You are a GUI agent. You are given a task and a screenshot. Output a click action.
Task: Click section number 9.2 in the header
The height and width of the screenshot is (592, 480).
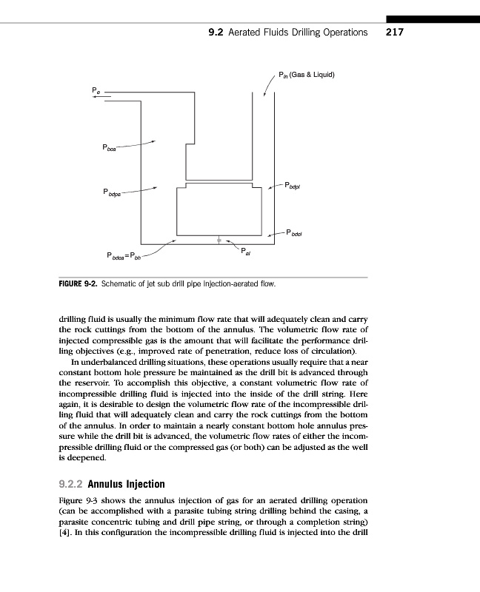click(x=216, y=32)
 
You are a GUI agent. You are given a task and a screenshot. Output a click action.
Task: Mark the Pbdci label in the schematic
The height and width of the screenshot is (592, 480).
click(x=294, y=234)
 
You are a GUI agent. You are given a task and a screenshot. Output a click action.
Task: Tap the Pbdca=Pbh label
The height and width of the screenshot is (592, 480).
click(x=124, y=257)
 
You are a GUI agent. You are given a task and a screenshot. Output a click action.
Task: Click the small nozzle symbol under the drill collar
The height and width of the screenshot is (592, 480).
click(x=219, y=240)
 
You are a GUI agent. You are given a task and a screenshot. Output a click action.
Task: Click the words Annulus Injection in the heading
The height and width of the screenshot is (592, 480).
click(x=126, y=485)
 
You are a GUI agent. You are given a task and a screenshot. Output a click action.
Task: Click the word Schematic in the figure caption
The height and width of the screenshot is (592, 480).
click(x=121, y=283)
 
